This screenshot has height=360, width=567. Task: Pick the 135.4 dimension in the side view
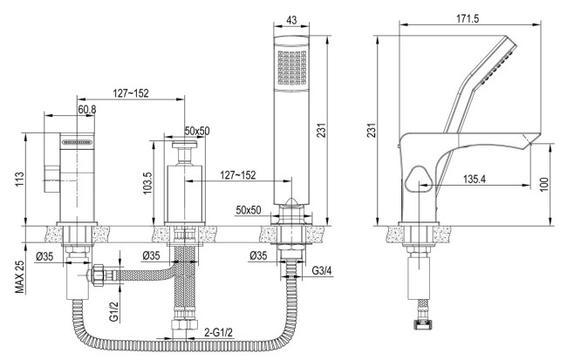coord(475,180)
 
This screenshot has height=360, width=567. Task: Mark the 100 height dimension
coord(555,185)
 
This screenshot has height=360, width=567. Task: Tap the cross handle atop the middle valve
coord(183,146)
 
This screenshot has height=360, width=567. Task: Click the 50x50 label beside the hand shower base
coord(250,209)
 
